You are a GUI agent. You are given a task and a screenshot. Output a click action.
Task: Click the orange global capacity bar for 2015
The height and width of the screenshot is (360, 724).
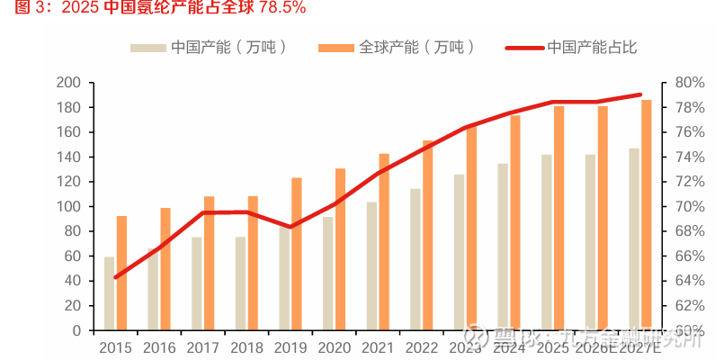click(x=121, y=274)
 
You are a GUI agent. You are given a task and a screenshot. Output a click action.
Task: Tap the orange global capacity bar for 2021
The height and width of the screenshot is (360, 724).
click(x=384, y=242)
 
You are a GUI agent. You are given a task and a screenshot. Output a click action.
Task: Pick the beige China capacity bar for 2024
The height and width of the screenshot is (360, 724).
click(x=503, y=247)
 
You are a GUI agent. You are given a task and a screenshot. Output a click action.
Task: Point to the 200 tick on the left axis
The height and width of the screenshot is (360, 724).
click(x=69, y=83)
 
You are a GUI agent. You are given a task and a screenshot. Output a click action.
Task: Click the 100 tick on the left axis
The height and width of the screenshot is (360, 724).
click(x=69, y=207)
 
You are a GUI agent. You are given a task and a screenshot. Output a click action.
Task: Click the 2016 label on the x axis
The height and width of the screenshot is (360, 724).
click(x=159, y=347)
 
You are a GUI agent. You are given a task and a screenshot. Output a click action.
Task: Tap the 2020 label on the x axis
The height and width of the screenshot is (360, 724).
click(x=334, y=347)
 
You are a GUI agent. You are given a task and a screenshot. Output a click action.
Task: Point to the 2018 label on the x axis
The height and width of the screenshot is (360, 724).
click(x=246, y=347)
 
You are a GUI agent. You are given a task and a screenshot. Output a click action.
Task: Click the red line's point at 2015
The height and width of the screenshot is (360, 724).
click(x=115, y=277)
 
